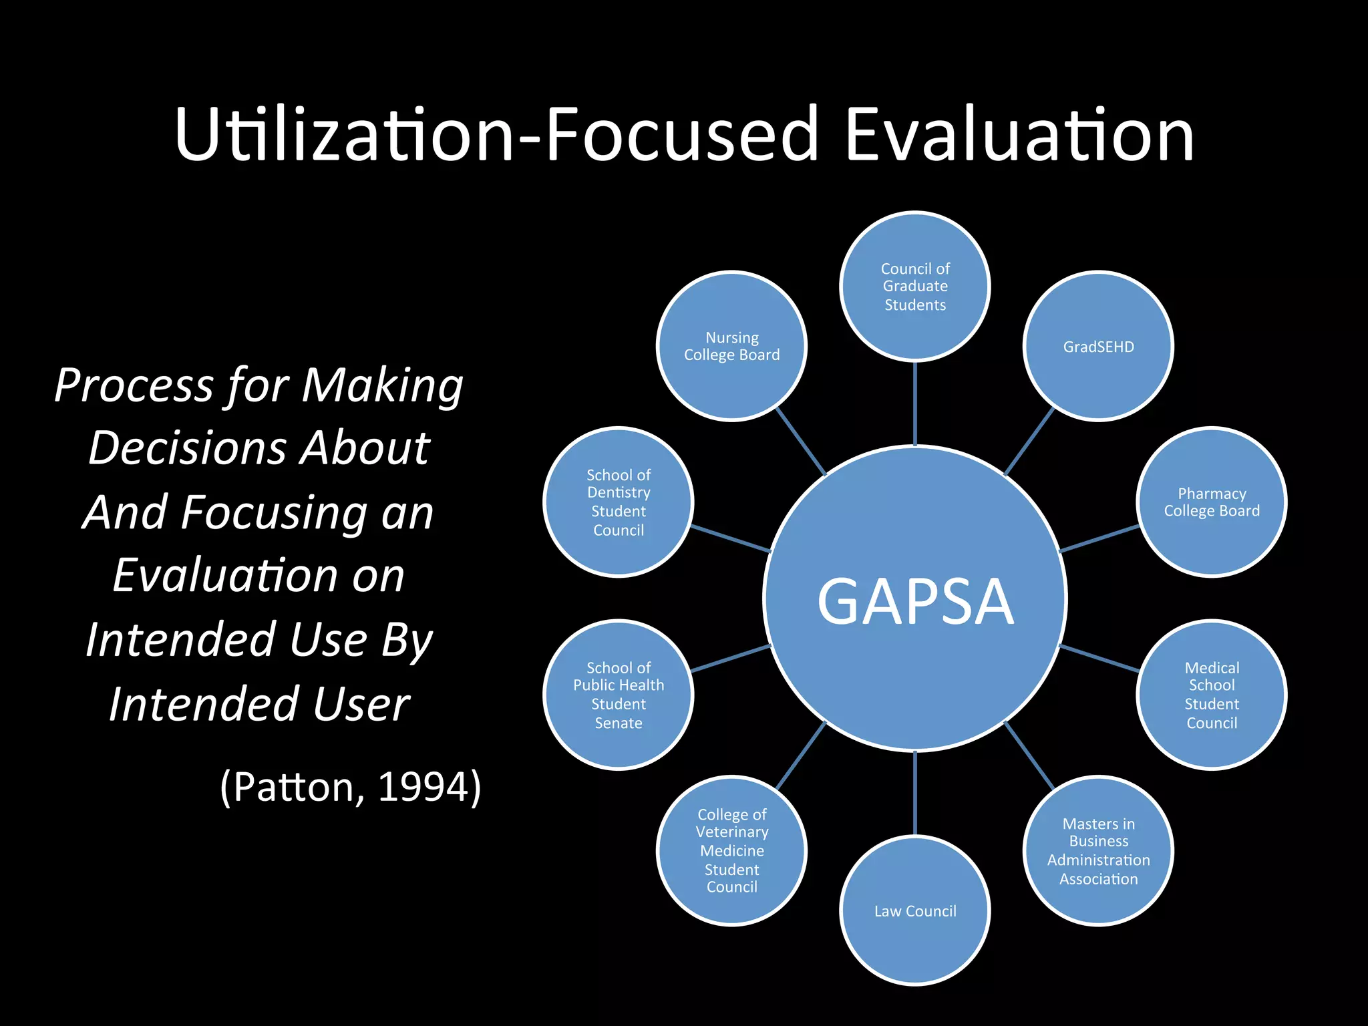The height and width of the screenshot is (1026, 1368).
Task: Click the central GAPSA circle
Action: pyautogui.click(x=914, y=598)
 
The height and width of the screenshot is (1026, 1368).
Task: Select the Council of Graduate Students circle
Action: pyautogui.click(x=914, y=287)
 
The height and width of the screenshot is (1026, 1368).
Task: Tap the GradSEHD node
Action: pyautogui.click(x=1098, y=346)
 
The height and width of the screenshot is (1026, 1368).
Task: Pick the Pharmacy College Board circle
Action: pyautogui.click(x=1212, y=502)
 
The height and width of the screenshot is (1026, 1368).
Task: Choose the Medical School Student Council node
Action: pyautogui.click(x=1212, y=695)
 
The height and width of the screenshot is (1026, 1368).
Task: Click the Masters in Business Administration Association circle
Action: pyautogui.click(x=1098, y=851)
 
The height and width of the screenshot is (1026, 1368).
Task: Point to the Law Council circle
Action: pyautogui.click(x=914, y=910)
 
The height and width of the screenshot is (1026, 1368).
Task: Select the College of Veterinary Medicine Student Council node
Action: pyautogui.click(x=731, y=851)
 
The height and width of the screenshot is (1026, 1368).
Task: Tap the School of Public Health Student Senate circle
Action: pyautogui.click(x=619, y=695)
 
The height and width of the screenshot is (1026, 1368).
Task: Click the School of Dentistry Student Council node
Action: pyautogui.click(x=619, y=502)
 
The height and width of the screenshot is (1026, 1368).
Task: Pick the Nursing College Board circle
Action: pyautogui.click(x=731, y=346)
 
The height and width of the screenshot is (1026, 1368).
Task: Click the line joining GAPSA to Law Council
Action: pyautogui.click(x=914, y=794)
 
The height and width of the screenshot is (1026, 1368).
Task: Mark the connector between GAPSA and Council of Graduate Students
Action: pyautogui.click(x=914, y=403)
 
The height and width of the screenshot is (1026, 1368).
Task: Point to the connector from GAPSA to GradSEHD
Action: pyautogui.click(x=1029, y=441)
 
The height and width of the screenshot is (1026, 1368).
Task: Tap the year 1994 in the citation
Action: pyautogui.click(x=421, y=786)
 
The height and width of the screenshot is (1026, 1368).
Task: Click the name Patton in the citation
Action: pyautogui.click(x=298, y=786)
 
